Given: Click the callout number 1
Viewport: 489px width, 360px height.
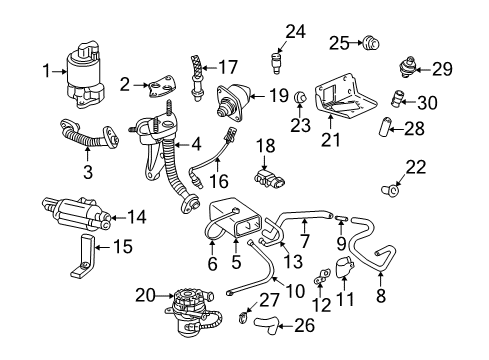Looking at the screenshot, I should click(x=46, y=69).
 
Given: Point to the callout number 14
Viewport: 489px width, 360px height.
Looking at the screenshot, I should click(x=137, y=215).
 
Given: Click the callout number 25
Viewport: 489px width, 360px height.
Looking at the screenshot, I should click(x=338, y=42).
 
